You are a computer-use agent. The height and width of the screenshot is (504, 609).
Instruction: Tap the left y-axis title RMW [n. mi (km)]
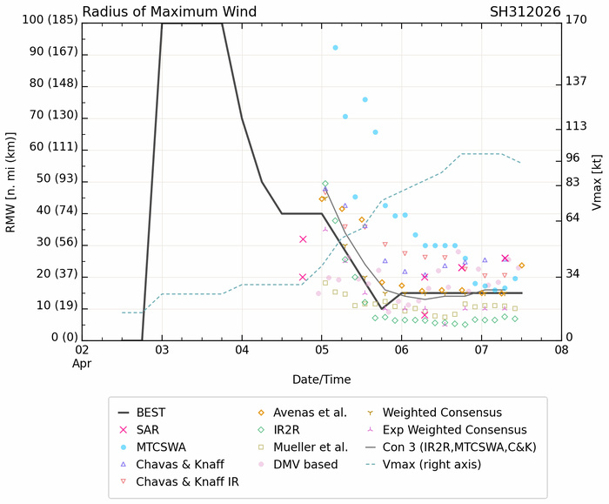(11, 178)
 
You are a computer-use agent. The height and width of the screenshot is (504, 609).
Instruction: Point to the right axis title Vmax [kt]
(597, 178)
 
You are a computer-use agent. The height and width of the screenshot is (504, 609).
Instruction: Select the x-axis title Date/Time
(321, 380)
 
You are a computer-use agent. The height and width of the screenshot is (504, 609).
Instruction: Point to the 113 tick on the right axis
(575, 125)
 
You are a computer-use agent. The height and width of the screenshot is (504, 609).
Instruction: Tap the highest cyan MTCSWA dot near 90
(336, 48)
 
